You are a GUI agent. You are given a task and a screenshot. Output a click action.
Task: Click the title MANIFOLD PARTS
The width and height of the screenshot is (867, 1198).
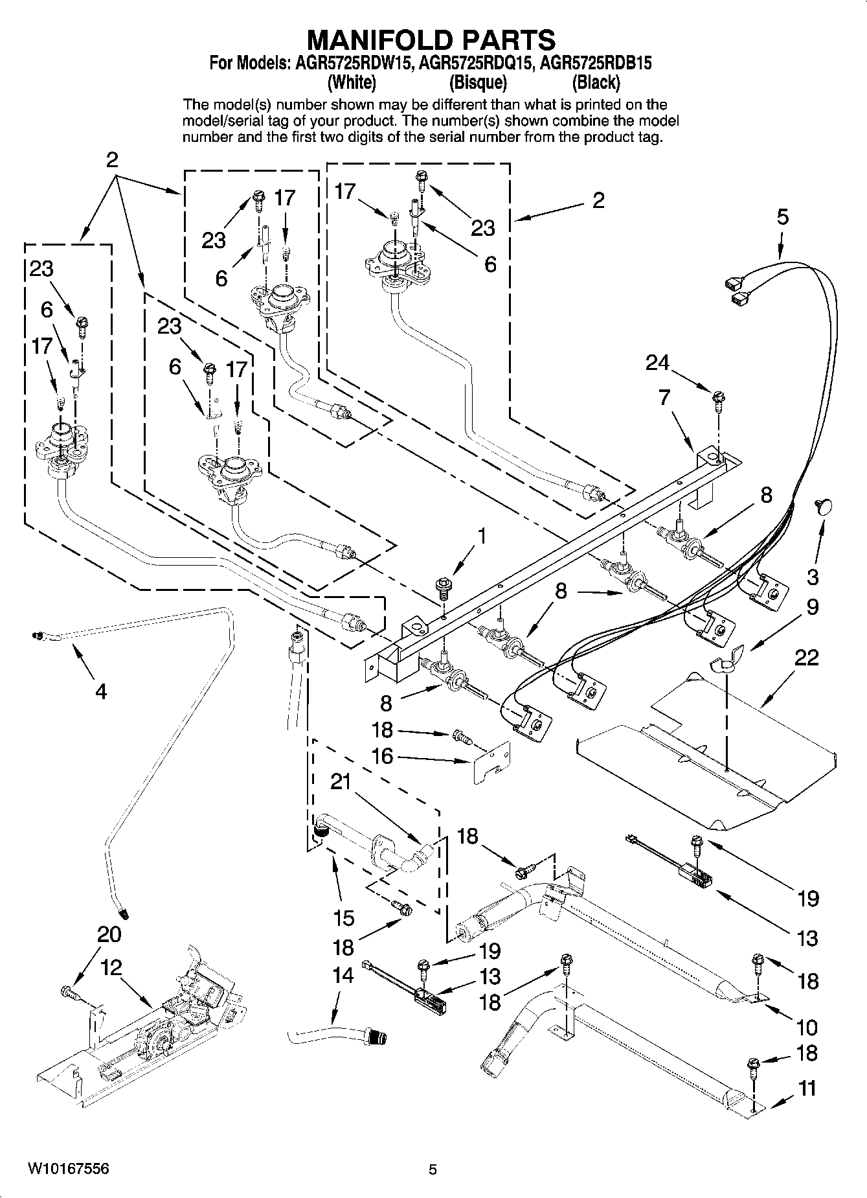click(431, 40)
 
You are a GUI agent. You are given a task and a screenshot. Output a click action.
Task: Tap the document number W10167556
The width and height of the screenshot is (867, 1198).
click(68, 1168)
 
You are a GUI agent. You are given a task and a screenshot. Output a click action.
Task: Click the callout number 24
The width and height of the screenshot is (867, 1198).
click(657, 363)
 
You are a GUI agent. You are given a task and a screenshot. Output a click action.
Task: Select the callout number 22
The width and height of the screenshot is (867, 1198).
click(806, 658)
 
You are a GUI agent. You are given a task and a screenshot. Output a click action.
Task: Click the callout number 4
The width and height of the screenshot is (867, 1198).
click(100, 691)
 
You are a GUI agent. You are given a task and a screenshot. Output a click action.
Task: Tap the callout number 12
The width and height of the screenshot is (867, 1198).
click(111, 968)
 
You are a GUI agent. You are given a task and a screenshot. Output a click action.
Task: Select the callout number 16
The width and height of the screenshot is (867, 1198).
click(382, 755)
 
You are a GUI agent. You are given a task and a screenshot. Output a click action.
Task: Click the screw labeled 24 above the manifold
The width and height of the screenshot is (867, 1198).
click(717, 399)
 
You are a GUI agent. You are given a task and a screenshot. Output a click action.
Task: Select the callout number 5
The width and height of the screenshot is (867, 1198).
click(783, 217)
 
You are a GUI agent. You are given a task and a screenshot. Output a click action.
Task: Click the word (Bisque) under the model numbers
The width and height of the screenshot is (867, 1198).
click(478, 83)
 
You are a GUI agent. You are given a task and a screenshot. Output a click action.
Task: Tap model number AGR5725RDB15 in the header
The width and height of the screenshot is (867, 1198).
click(596, 63)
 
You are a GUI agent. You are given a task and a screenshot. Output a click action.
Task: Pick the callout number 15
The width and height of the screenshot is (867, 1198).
click(344, 917)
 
